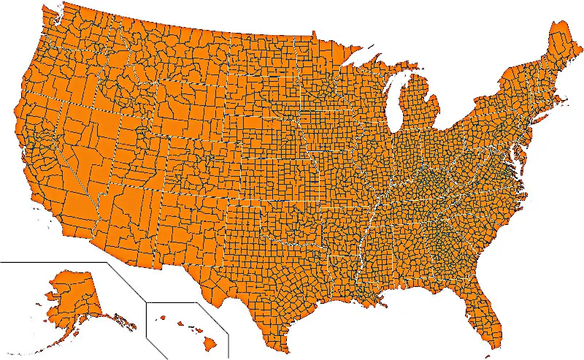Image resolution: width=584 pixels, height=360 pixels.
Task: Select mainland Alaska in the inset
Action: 73,292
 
